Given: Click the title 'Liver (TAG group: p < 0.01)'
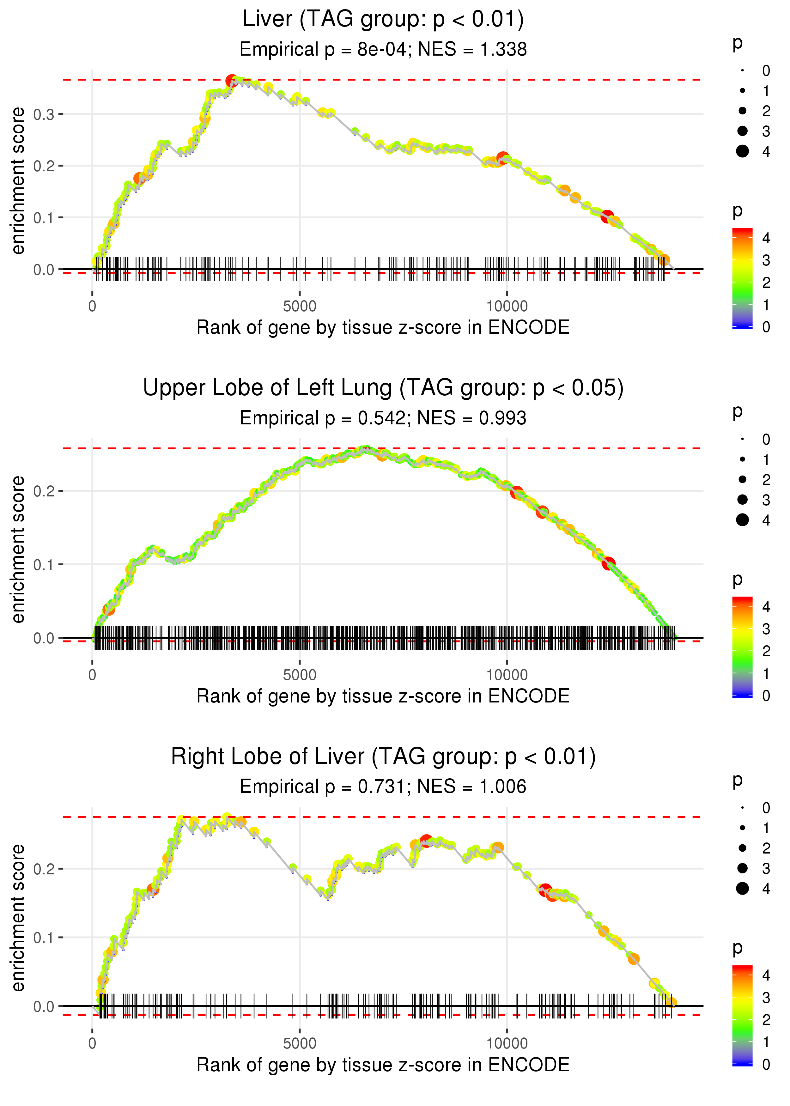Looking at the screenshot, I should [383, 20].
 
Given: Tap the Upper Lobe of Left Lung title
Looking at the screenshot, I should [383, 388].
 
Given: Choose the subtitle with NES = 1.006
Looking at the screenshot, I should [383, 787].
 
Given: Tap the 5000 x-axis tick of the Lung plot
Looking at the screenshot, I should [300, 675].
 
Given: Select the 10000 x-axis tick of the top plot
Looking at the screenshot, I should [507, 307].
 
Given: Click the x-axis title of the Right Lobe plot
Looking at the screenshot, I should [383, 1065].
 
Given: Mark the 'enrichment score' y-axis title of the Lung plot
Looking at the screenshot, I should [18, 550].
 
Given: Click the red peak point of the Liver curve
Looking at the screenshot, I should [232, 81].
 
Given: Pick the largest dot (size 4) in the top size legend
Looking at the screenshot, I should [742, 151].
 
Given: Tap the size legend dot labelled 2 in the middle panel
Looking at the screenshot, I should [742, 480].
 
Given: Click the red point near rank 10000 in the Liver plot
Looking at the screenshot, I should [502, 158].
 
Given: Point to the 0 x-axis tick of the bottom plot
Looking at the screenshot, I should [92, 1044].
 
